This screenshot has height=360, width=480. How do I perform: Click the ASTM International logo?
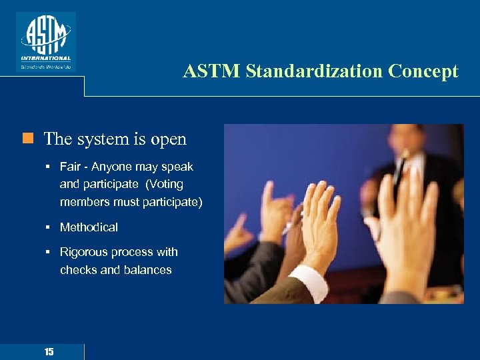coord(46,41)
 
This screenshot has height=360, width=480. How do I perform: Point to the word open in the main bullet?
coord(168,139)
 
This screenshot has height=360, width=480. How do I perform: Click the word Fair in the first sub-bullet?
coord(71,167)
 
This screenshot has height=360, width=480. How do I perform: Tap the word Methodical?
coord(89,227)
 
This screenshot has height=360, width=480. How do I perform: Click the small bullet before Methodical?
coord(49,227)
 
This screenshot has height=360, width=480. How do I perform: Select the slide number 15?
coord(49,351)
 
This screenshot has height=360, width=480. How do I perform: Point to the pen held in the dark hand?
coord(288,227)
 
